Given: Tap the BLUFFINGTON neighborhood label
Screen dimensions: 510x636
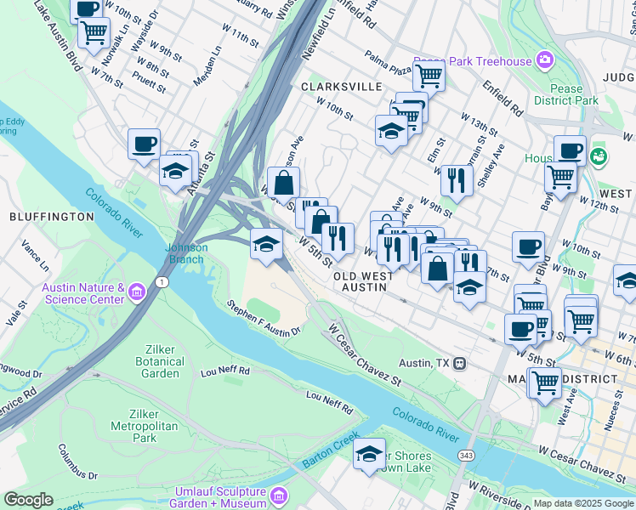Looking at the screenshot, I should tap(51, 217).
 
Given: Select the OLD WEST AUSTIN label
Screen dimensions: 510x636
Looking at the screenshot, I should tap(363, 282).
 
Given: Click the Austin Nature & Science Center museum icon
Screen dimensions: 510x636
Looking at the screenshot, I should tap(137, 293).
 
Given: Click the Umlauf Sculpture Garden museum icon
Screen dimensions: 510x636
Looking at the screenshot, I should tap(279, 496).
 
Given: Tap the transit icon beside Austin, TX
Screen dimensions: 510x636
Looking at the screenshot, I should tap(459, 363).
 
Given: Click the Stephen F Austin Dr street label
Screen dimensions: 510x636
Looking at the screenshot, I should tap(264, 318).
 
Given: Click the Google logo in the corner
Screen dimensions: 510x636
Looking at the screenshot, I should tap(29, 500).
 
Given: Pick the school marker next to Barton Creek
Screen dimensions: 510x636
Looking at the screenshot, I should tap(369, 454).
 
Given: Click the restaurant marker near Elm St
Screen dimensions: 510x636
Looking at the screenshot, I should tap(457, 178).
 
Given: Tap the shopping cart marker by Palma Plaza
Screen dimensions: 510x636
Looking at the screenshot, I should tap(429, 76).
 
